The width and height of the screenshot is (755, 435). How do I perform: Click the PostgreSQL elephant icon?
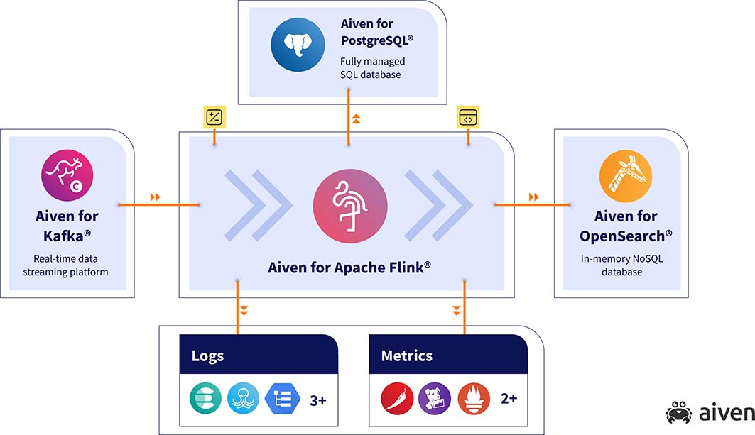(298, 45)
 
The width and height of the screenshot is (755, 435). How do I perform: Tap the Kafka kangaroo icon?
(67, 175)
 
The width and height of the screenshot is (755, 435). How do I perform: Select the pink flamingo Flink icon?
(350, 206)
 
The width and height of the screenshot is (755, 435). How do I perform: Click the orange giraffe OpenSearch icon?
(626, 176)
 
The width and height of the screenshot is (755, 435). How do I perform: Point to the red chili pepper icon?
(397, 398)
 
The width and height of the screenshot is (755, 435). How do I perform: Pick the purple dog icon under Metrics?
(435, 398)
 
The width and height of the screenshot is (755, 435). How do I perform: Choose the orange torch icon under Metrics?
(473, 398)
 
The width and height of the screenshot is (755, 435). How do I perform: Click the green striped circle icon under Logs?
(205, 398)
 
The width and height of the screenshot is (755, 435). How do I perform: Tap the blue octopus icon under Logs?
(243, 398)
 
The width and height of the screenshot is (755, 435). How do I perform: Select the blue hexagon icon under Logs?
(283, 398)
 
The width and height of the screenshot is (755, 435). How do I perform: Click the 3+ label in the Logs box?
(317, 400)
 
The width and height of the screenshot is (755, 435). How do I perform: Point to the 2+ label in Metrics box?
(509, 398)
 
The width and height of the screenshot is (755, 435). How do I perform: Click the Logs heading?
(207, 356)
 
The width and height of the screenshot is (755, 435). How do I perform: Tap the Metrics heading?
(407, 356)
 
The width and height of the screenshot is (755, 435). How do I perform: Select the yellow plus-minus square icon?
(214, 117)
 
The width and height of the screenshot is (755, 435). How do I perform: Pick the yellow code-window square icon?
(468, 117)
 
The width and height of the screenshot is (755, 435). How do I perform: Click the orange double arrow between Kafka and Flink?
(155, 197)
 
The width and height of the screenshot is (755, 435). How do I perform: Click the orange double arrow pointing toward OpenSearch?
(533, 197)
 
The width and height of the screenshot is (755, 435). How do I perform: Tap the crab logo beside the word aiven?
(679, 412)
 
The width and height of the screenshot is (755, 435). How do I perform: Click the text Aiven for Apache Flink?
(349, 268)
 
